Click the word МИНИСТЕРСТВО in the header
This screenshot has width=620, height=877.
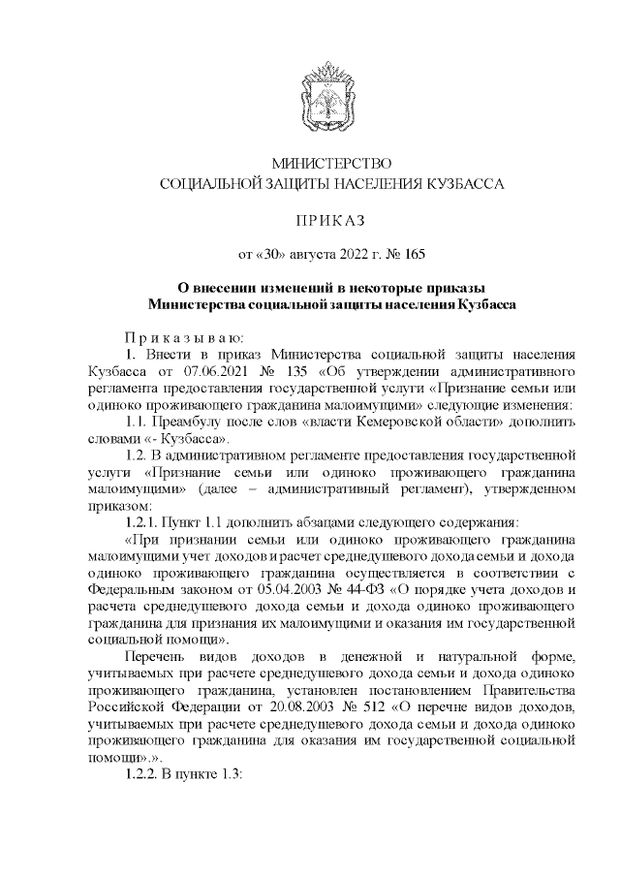point(330,163)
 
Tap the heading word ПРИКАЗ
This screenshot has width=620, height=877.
point(330,220)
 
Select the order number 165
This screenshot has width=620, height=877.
point(413,256)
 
